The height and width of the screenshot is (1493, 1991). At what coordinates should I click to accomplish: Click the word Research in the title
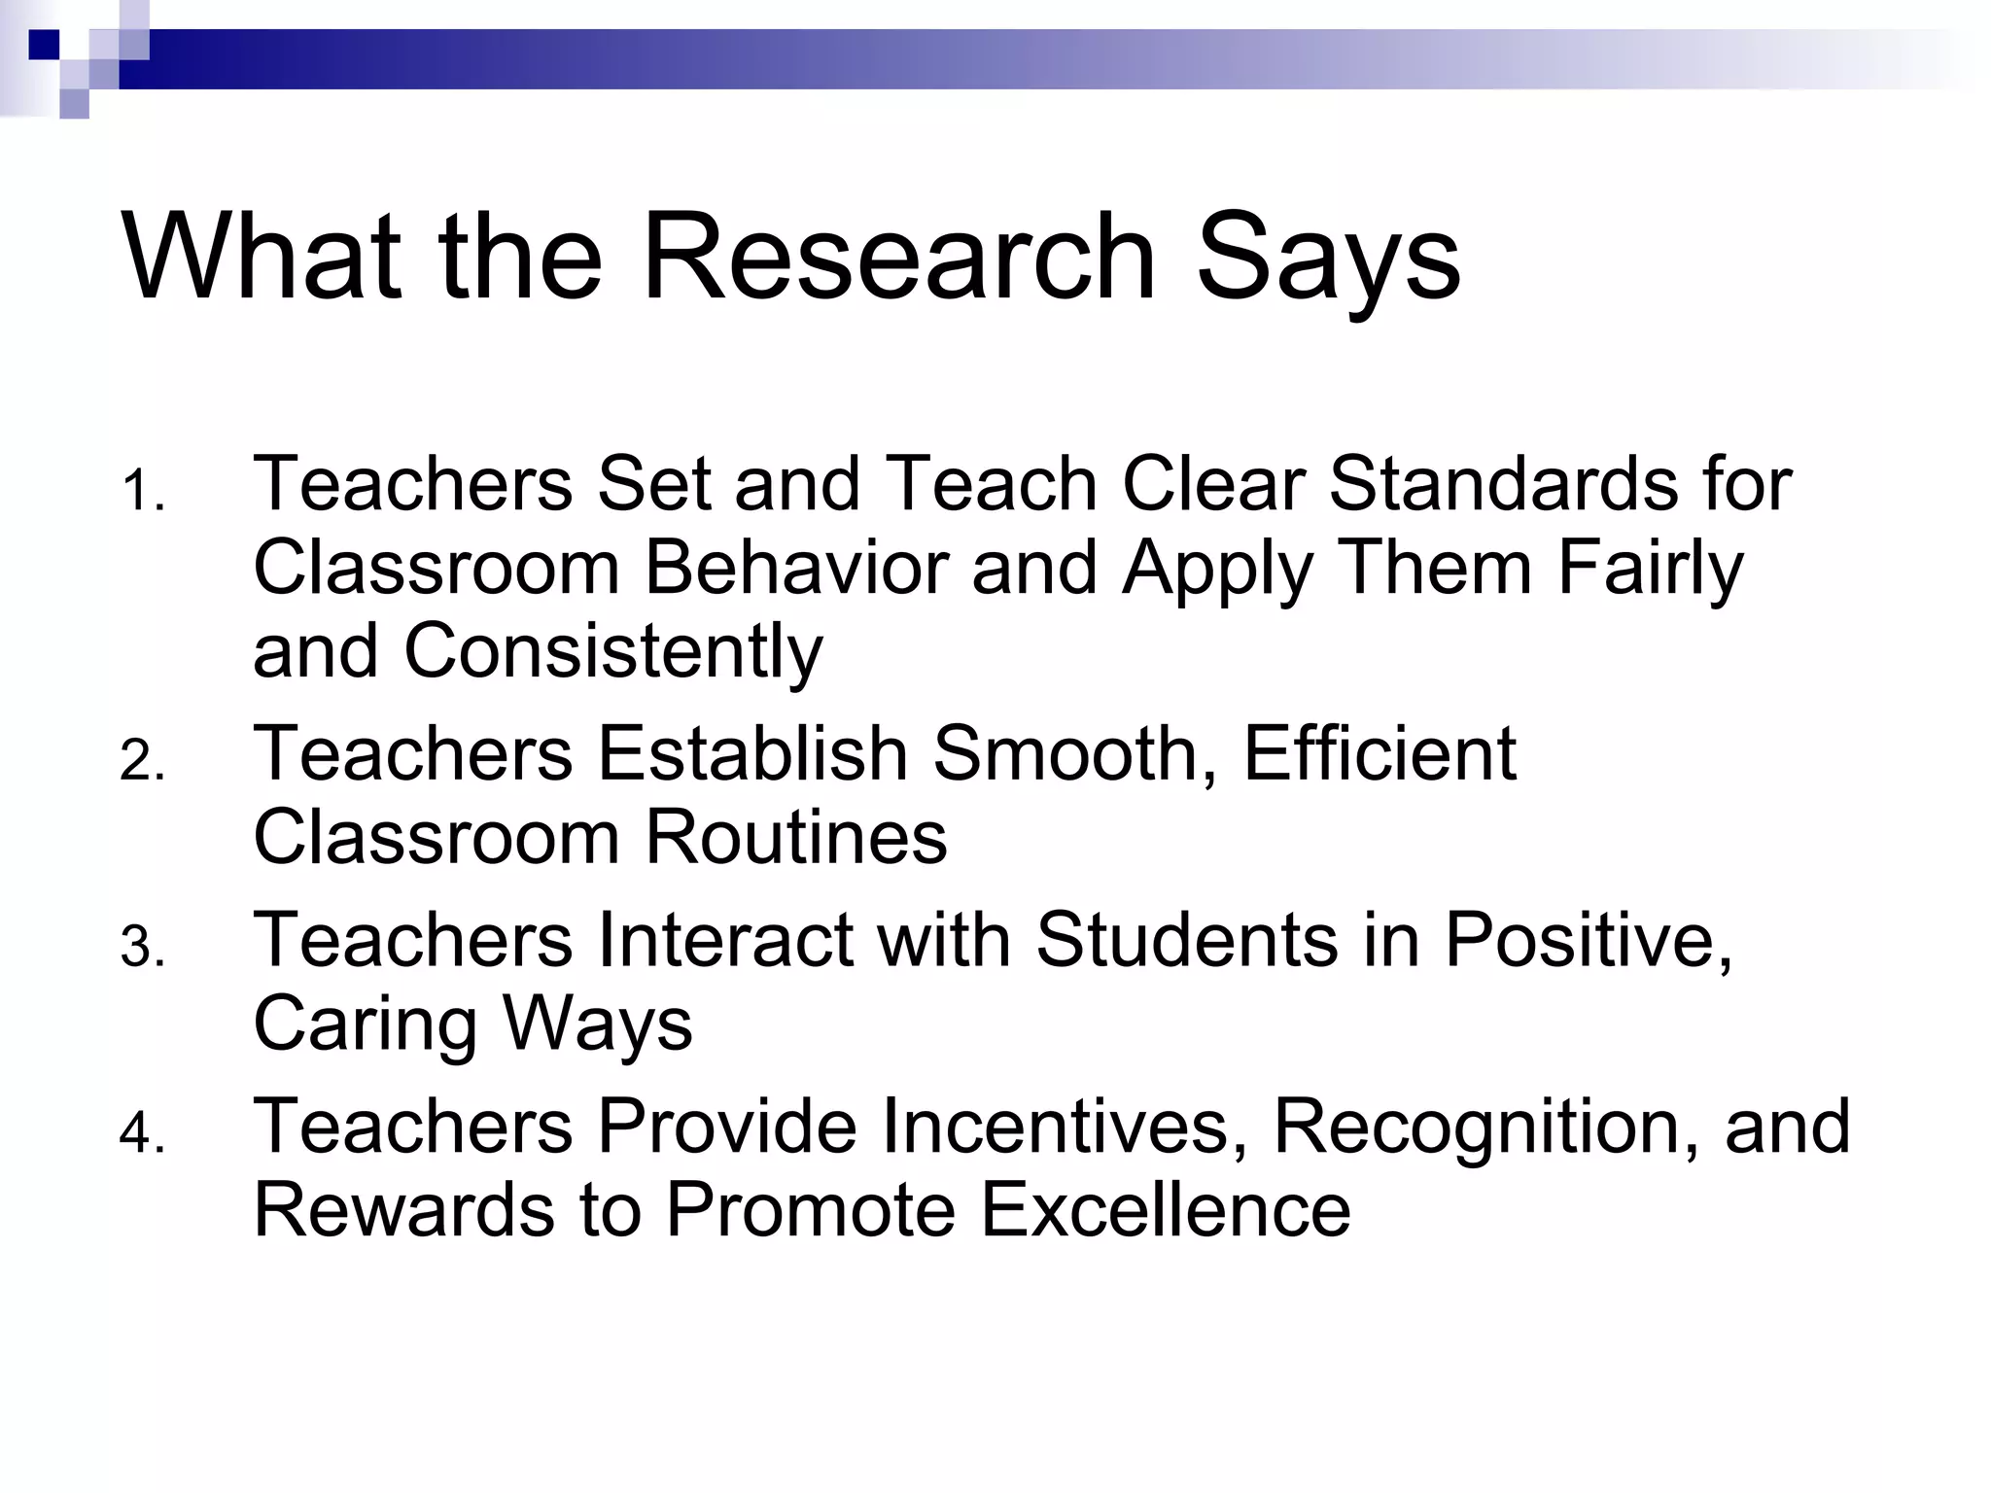pos(899,258)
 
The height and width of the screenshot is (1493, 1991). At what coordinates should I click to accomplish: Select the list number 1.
pos(142,492)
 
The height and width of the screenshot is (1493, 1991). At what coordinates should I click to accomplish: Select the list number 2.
pos(142,761)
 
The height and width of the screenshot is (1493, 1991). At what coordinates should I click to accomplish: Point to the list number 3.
pos(142,948)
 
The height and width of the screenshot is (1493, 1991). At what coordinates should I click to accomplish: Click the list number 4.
pos(142,1134)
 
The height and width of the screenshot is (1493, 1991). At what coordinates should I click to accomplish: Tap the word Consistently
pos(613,651)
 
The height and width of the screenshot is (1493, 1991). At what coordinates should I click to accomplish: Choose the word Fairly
pos(1651,570)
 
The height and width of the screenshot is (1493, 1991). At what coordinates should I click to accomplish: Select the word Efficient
pos(1380,753)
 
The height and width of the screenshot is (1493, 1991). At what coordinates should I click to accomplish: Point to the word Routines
pos(796,838)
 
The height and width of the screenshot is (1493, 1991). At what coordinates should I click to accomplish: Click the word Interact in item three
pos(725,940)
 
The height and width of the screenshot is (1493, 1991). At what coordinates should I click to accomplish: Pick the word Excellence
pos(1166,1210)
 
